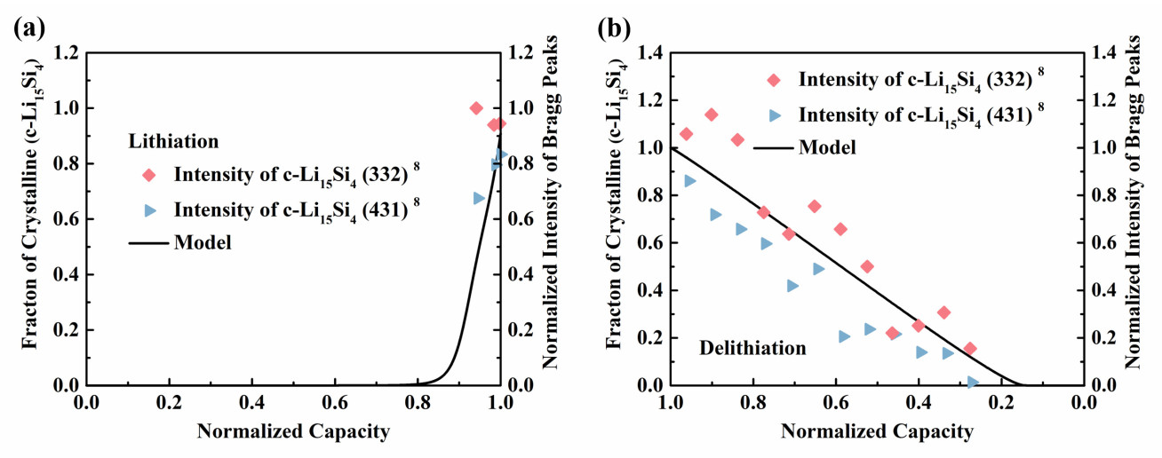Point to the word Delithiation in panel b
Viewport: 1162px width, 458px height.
753,348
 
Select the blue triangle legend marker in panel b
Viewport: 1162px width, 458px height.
774,114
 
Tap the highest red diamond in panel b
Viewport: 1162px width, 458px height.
712,114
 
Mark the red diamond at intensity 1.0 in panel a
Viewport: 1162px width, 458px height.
476,108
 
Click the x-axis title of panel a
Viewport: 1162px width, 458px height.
292,432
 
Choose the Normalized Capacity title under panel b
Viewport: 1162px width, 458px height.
877,432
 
